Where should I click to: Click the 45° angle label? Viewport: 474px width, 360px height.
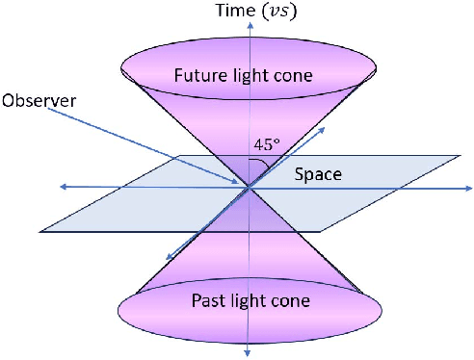pyautogui.click(x=267, y=145)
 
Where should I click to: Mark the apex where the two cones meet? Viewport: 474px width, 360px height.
pyautogui.click(x=250, y=187)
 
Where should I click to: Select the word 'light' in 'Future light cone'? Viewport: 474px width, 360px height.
pyautogui.click(x=252, y=74)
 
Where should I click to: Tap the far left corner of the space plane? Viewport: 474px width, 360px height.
pyautogui.click(x=41, y=231)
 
